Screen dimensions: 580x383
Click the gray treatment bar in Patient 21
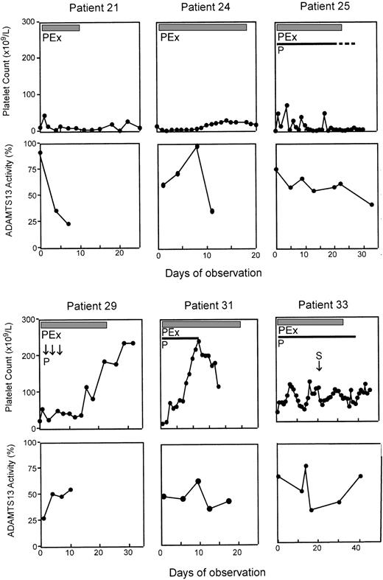tap(60, 27)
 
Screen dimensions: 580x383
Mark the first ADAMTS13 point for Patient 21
tap(40, 153)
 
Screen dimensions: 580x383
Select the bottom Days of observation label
tap(205, 570)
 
